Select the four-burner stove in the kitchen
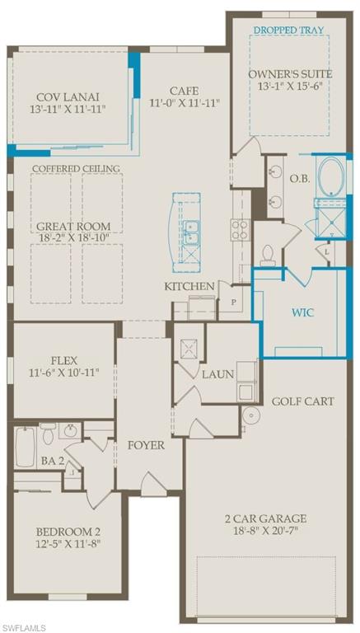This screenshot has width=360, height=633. pos(241,227)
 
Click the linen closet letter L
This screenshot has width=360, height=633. pos(327,251)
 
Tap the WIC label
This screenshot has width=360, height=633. pos(302,313)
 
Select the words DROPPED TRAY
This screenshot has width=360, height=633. pos(288,30)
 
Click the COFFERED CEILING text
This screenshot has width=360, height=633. pos(76,169)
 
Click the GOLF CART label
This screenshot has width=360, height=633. pos(303,401)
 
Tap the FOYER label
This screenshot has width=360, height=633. pos(145,445)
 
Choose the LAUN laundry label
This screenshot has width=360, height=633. pos(218,373)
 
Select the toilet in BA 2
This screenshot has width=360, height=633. pos(49,432)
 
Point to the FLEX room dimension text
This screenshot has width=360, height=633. pos(64,373)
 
